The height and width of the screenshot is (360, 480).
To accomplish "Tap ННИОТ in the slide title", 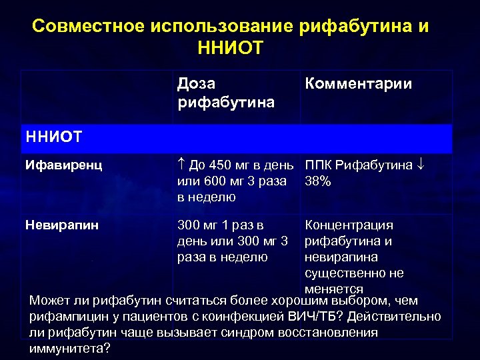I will (x=231, y=47).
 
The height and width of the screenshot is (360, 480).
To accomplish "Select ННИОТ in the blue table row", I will (x=53, y=137).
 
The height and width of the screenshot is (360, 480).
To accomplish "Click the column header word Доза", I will (x=197, y=84).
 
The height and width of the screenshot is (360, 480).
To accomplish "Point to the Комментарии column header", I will (x=358, y=84).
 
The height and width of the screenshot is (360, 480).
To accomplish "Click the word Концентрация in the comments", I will (x=349, y=225).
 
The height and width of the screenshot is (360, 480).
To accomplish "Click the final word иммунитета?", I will (x=70, y=348).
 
